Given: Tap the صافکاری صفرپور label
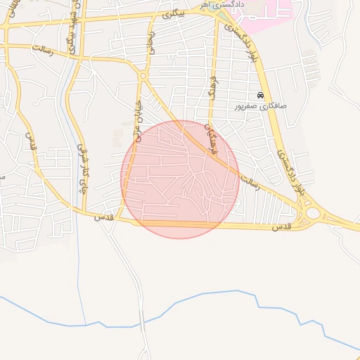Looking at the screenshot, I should pyautogui.click(x=261, y=107).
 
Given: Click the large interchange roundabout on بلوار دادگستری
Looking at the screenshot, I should pyautogui.click(x=310, y=213).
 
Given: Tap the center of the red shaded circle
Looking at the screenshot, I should pyautogui.click(x=180, y=180).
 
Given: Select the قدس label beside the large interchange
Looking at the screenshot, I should pyautogui.click(x=281, y=226).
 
